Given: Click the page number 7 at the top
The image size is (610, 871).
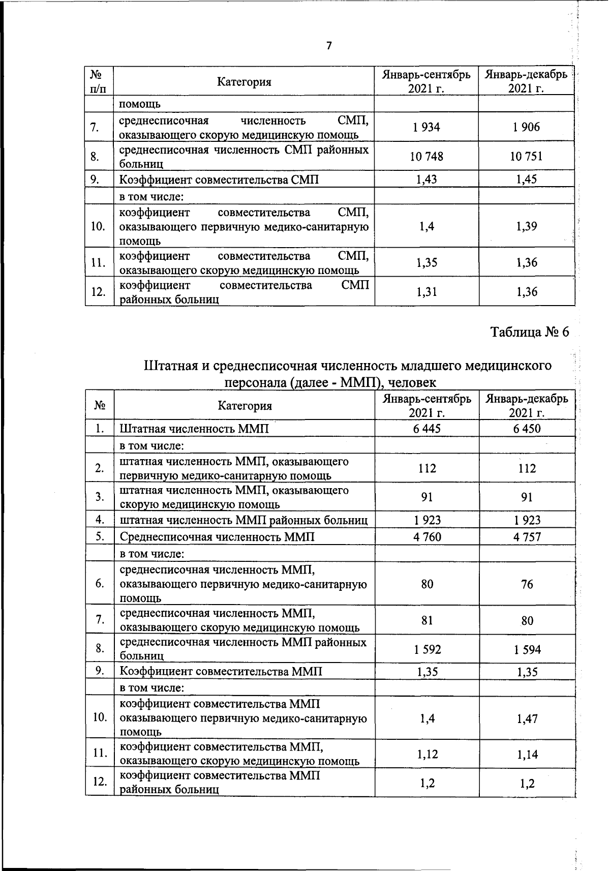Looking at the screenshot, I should [329, 46].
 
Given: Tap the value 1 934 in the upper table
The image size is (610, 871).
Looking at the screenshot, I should [427, 127].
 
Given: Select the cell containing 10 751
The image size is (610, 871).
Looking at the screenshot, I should [527, 156].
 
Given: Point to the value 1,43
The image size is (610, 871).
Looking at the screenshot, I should [427, 179].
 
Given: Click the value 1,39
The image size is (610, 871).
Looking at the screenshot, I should [527, 226].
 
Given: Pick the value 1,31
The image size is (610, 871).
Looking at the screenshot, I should [427, 291].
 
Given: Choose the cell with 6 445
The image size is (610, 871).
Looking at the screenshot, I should [427, 429].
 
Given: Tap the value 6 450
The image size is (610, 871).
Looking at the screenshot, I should [527, 429].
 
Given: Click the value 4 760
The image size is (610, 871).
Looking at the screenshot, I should [427, 537].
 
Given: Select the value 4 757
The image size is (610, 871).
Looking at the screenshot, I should [527, 537].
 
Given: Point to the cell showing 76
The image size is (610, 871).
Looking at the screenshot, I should [527, 584].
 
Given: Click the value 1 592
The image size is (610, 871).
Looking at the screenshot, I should [427, 649].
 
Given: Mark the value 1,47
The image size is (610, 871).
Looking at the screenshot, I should [527, 718].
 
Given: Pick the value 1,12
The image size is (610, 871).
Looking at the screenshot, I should [427, 755].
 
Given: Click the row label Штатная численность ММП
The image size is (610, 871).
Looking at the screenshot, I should [194, 429].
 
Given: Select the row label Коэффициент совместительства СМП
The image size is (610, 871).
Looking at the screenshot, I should [219, 179].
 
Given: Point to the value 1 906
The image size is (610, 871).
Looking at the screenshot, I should [527, 127].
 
